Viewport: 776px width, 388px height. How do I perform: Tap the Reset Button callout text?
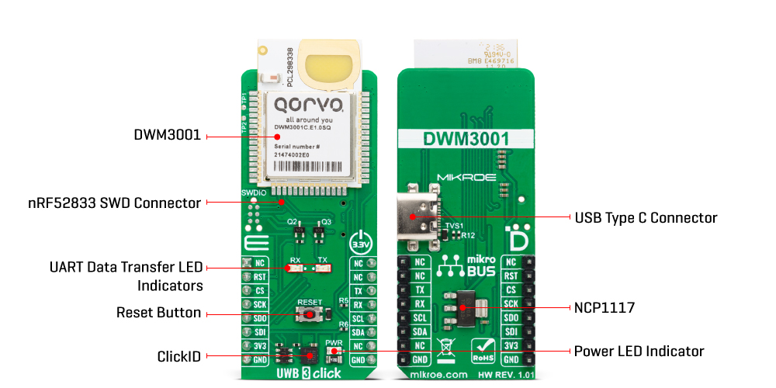pyautogui.click(x=158, y=313)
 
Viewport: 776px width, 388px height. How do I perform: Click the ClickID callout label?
pyautogui.click(x=178, y=357)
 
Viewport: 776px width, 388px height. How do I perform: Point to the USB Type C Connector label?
pyautogui.click(x=645, y=218)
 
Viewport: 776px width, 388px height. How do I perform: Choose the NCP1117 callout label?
pyautogui.click(x=605, y=308)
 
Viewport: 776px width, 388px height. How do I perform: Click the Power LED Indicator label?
pyautogui.click(x=639, y=352)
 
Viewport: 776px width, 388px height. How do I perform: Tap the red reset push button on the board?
pyautogui.click(x=310, y=314)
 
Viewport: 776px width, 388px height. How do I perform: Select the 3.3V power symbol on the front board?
pyautogui.click(x=362, y=240)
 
